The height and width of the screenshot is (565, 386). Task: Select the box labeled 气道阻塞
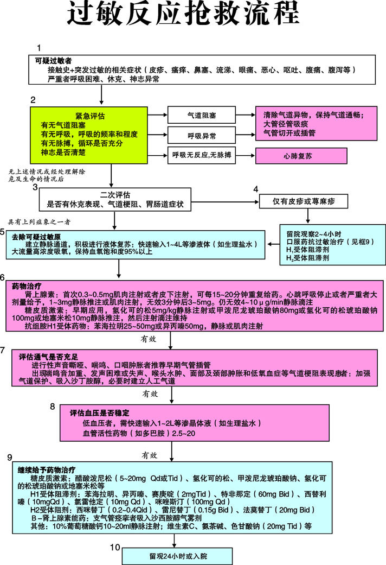coord(201,115)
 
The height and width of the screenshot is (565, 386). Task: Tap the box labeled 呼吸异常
coord(201,135)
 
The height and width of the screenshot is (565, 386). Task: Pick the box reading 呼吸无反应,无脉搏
coord(201,156)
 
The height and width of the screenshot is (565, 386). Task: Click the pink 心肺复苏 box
coord(297,156)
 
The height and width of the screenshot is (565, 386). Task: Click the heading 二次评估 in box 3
coord(115,194)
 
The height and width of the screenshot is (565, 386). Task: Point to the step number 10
coord(114,547)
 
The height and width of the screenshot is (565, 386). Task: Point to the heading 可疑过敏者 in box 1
coord(54,61)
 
